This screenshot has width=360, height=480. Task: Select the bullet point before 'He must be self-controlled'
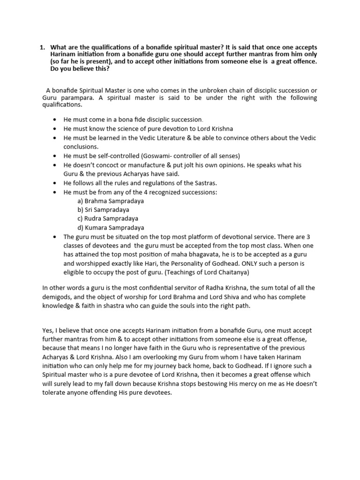coord(56,155)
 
